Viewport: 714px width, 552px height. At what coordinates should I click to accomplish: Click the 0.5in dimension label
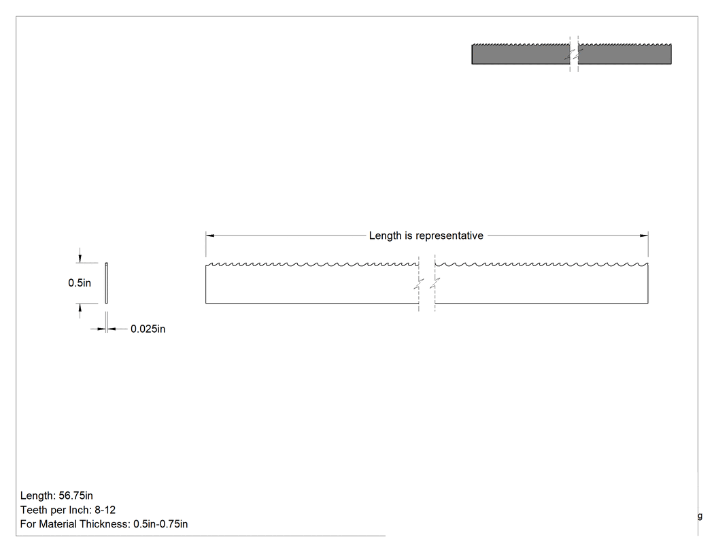80,283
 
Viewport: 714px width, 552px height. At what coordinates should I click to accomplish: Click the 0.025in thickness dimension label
148,329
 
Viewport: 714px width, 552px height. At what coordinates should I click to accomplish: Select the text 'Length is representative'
426,236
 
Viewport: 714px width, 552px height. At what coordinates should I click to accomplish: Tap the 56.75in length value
75,496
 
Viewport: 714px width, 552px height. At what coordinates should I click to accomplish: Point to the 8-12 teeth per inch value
105,510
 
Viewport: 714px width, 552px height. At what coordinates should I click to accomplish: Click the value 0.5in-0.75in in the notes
160,524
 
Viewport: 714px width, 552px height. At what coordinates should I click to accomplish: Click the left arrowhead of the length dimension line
210,236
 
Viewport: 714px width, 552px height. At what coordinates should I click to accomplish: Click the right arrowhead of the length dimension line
644,236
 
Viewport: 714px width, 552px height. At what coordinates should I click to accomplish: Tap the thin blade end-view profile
107,283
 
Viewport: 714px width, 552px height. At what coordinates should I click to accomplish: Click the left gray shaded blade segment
520,54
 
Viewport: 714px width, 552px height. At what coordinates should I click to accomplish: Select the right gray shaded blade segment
625,54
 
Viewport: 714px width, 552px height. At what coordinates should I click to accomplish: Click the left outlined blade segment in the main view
312,283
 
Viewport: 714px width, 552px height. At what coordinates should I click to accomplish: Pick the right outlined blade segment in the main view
541,283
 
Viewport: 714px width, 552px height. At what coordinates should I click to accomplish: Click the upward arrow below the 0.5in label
80,310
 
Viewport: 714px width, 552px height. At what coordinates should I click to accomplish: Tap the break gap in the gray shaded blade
574,54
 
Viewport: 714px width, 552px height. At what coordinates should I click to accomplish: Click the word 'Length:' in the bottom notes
38,496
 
